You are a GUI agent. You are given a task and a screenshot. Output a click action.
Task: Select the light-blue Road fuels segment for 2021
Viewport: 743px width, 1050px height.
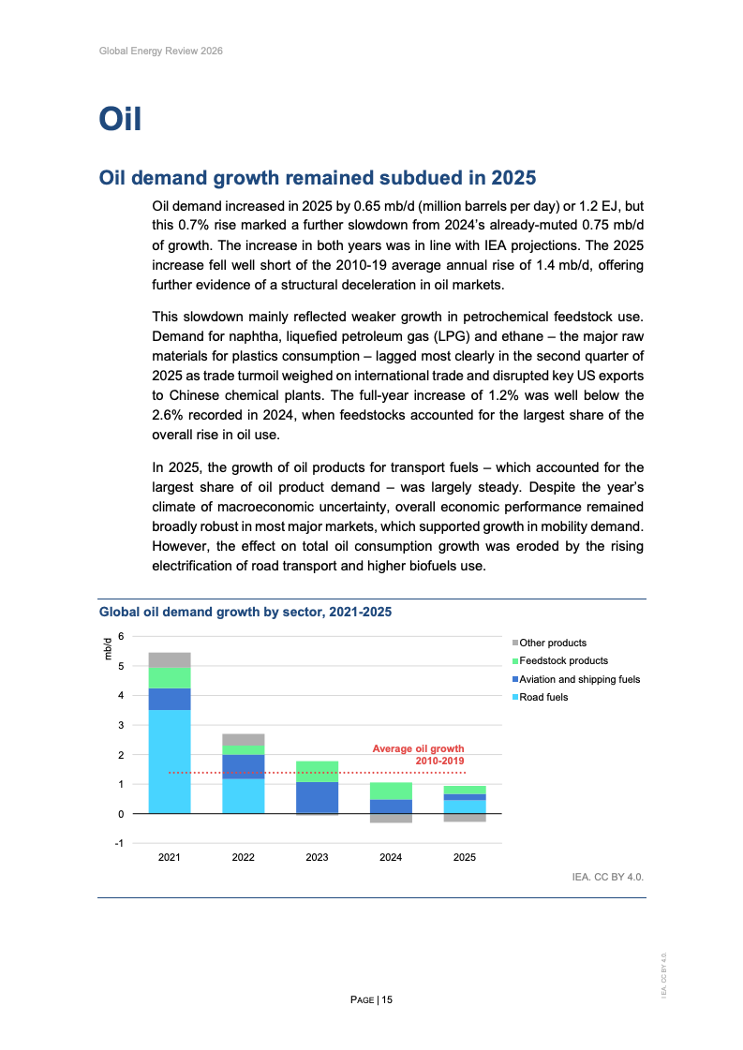point(170,761)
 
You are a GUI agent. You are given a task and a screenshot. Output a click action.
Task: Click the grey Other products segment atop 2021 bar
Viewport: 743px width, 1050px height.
point(170,659)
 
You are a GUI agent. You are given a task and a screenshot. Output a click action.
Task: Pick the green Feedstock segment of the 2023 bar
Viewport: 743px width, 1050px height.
point(317,771)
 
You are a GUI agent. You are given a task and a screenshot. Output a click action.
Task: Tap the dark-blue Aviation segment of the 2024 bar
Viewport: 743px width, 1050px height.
point(391,806)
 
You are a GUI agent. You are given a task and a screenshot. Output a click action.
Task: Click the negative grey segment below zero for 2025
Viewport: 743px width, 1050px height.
point(465,818)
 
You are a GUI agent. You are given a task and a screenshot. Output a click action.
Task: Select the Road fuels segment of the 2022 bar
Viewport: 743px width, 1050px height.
point(244,795)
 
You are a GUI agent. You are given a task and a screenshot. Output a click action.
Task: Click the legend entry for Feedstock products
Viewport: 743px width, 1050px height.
point(563,661)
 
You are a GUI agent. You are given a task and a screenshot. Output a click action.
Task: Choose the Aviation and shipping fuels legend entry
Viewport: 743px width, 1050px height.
point(579,679)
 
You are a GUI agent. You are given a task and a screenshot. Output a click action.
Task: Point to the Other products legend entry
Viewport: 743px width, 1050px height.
point(553,643)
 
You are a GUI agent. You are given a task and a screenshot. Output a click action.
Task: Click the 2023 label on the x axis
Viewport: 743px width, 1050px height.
point(317,856)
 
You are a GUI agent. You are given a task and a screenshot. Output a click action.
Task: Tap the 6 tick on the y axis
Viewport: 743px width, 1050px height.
point(120,637)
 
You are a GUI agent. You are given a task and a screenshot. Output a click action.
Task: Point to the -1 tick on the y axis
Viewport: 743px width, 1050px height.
point(118,844)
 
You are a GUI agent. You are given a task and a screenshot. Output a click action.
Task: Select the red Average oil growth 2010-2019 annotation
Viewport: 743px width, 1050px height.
point(418,755)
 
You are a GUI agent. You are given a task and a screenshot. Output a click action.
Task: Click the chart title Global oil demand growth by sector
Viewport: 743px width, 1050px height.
point(245,612)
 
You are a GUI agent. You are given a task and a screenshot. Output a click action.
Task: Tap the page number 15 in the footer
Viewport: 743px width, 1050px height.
point(386,1000)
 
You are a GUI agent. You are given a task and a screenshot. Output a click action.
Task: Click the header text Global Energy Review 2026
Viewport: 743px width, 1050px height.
point(160,51)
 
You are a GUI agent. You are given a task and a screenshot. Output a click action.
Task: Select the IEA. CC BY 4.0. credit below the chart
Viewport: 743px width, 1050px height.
point(608,878)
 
